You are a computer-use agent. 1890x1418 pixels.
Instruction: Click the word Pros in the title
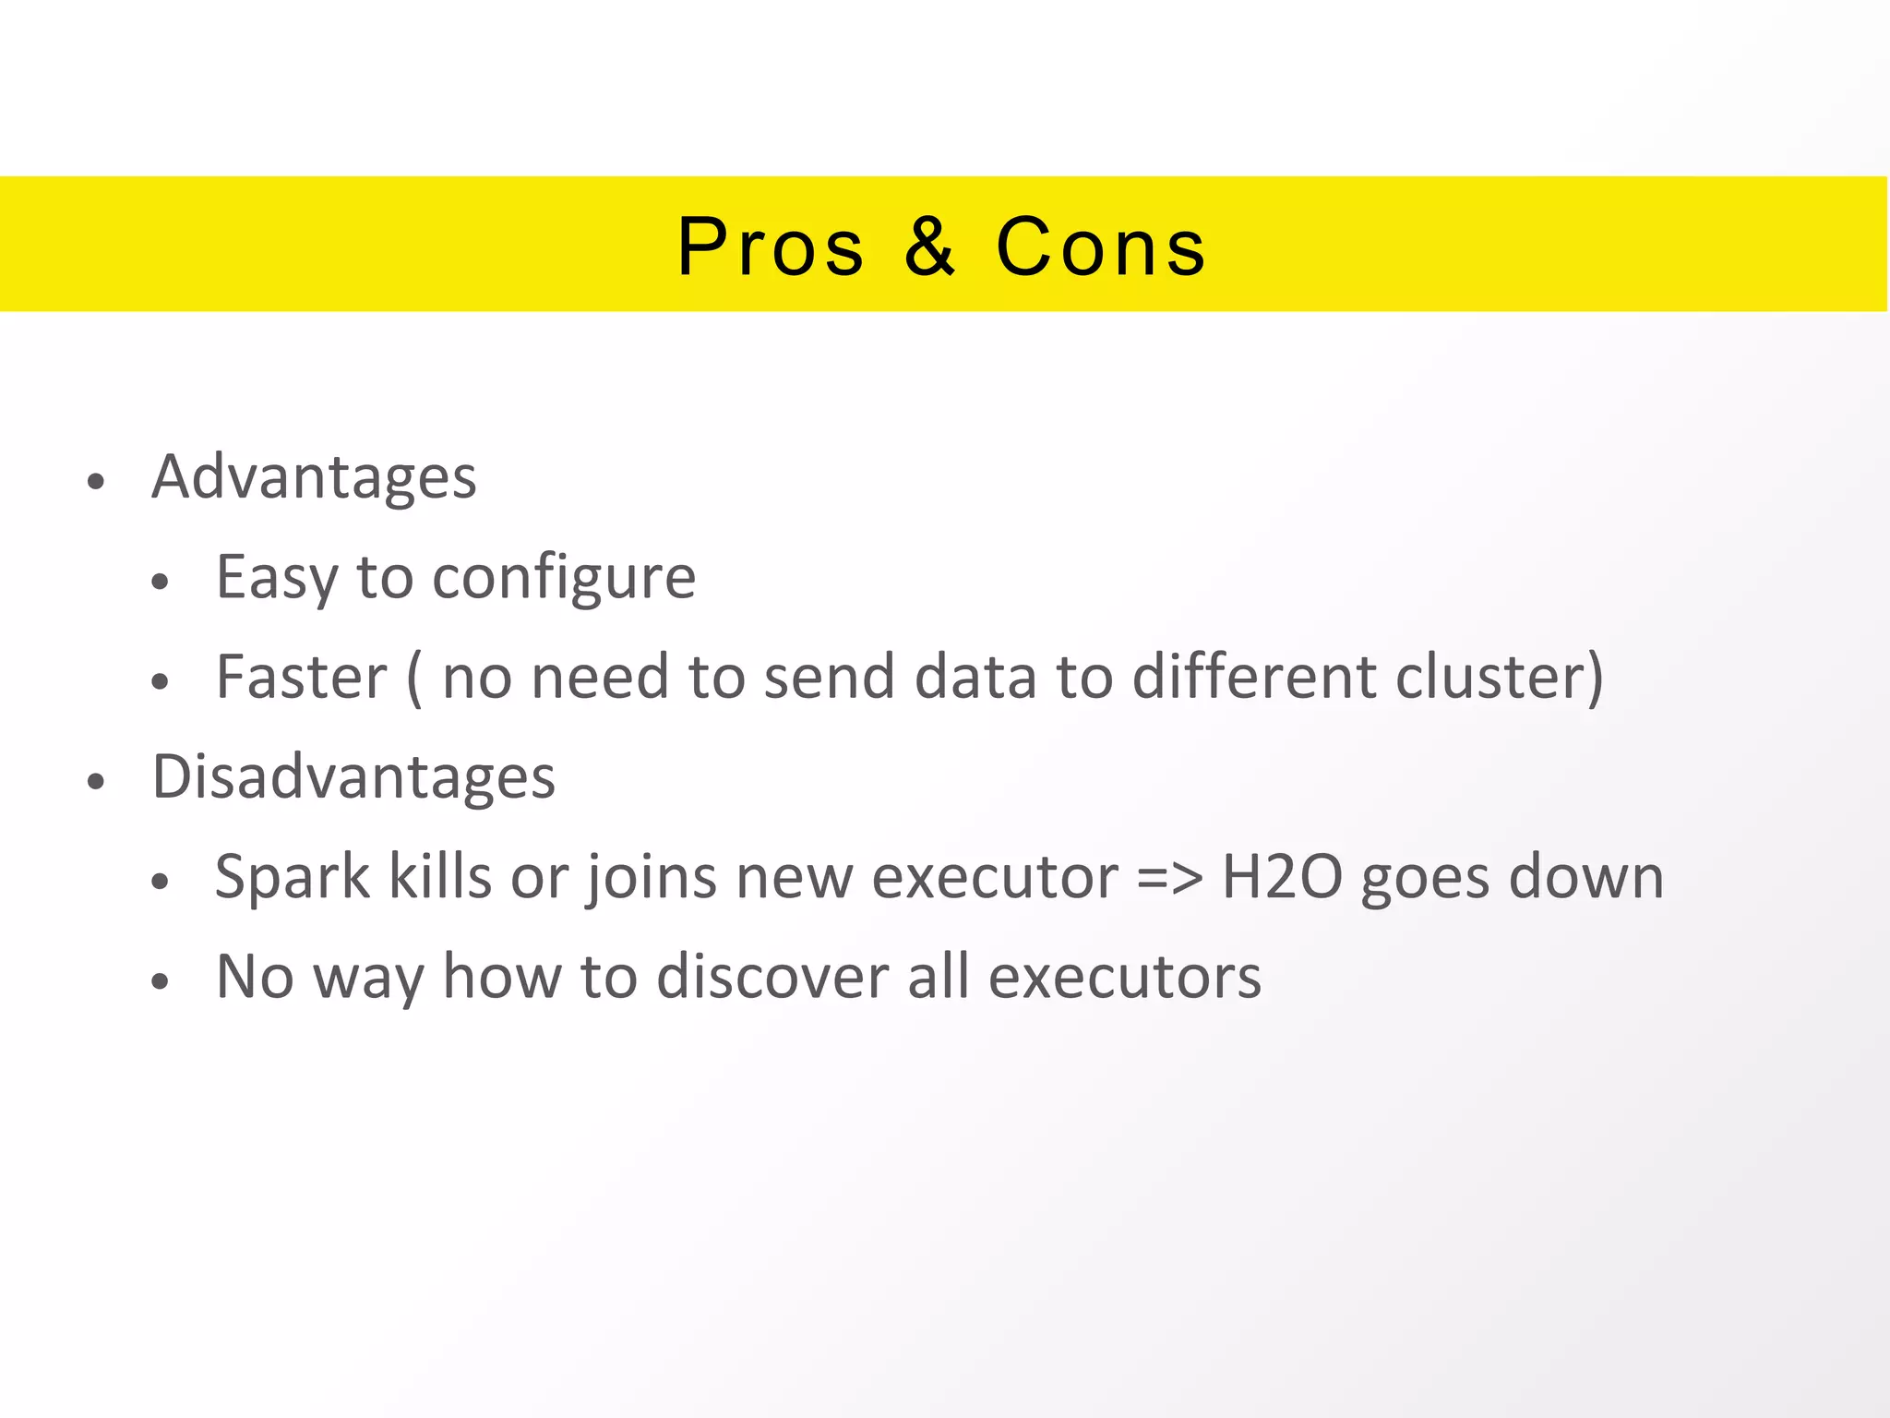pos(771,247)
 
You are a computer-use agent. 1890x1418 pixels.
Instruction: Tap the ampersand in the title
pos(929,247)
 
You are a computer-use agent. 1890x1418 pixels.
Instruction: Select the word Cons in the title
pos(1101,247)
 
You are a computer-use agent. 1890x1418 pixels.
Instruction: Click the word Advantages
pos(314,477)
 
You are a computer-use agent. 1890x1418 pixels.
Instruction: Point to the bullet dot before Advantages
pos(96,482)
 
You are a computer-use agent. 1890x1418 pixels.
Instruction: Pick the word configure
pos(564,579)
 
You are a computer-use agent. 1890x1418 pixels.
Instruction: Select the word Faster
pos(302,677)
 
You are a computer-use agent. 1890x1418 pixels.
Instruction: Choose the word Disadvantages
pos(353,776)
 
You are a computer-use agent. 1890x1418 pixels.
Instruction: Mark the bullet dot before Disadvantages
pos(96,782)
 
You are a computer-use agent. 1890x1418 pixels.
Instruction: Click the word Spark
pos(292,877)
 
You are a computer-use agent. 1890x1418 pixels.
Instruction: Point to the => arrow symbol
pos(1169,878)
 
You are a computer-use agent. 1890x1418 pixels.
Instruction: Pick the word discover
pos(772,977)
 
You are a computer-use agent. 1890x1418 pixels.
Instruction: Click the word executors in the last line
pos(1124,977)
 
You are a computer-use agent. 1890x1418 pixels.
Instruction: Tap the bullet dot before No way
pos(161,981)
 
